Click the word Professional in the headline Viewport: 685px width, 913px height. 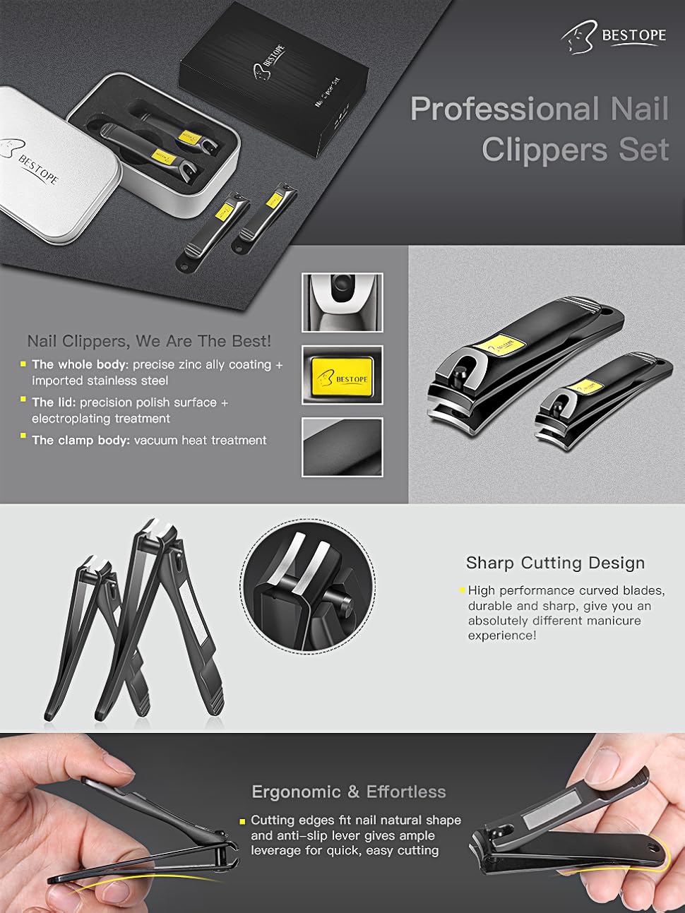tap(504, 109)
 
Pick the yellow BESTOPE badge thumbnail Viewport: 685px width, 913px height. tap(342, 375)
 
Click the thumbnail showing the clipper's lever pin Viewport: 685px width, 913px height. tap(342, 302)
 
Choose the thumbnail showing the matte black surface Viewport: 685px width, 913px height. tap(342, 447)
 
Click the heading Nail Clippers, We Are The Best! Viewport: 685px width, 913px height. tap(149, 341)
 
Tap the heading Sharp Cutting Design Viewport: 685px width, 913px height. tap(555, 563)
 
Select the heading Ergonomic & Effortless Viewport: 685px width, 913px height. tap(349, 792)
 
